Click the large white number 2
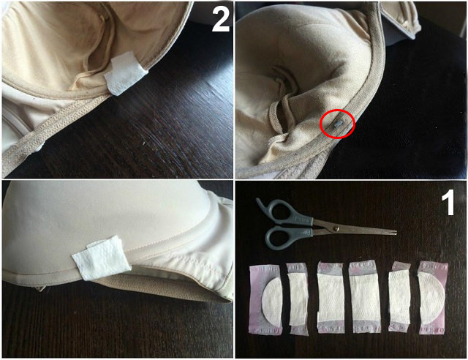coord(221,19)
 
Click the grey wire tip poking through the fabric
coord(338,124)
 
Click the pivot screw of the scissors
coord(336,228)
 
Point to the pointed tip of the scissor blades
coord(396,231)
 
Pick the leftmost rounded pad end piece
coord(265,300)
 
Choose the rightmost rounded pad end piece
coord(433,297)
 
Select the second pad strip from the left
coord(298,299)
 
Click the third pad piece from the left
coord(331,297)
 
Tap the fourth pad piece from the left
coord(364,296)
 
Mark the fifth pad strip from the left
coord(400,296)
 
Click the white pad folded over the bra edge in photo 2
coord(124,73)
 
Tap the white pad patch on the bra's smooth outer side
coord(102,258)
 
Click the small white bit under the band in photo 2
coord(38,148)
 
